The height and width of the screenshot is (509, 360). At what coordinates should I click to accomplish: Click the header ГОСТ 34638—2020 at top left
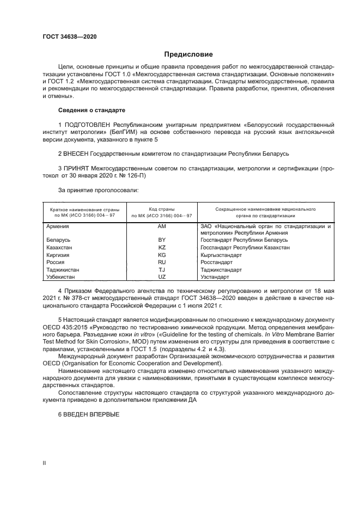pos(70,37)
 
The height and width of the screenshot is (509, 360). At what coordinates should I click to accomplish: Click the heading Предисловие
pos(188,54)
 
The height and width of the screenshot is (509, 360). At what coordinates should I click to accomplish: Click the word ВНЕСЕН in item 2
pos(76,154)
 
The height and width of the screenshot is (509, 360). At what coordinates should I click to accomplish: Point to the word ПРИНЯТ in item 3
pos(77,169)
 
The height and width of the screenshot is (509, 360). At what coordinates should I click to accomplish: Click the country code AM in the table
pos(161,225)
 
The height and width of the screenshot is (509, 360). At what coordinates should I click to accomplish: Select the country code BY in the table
pos(161,240)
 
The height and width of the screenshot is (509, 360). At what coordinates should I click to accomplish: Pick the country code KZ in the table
pos(161,247)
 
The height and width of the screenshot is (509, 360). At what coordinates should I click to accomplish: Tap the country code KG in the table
pos(161,254)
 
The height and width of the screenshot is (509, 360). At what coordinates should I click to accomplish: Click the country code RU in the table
pos(161,262)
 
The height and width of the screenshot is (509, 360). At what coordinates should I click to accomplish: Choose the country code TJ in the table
pos(161,269)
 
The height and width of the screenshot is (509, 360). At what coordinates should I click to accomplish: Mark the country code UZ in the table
pos(161,277)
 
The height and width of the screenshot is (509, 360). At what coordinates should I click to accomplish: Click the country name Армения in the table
pos(57,225)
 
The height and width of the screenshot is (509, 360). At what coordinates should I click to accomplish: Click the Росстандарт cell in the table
pos(216,262)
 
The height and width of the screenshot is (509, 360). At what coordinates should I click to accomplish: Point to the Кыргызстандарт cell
pos(221,254)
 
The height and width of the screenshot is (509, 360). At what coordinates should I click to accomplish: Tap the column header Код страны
pos(161,209)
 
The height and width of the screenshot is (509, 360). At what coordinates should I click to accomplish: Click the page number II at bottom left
pos(45,463)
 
